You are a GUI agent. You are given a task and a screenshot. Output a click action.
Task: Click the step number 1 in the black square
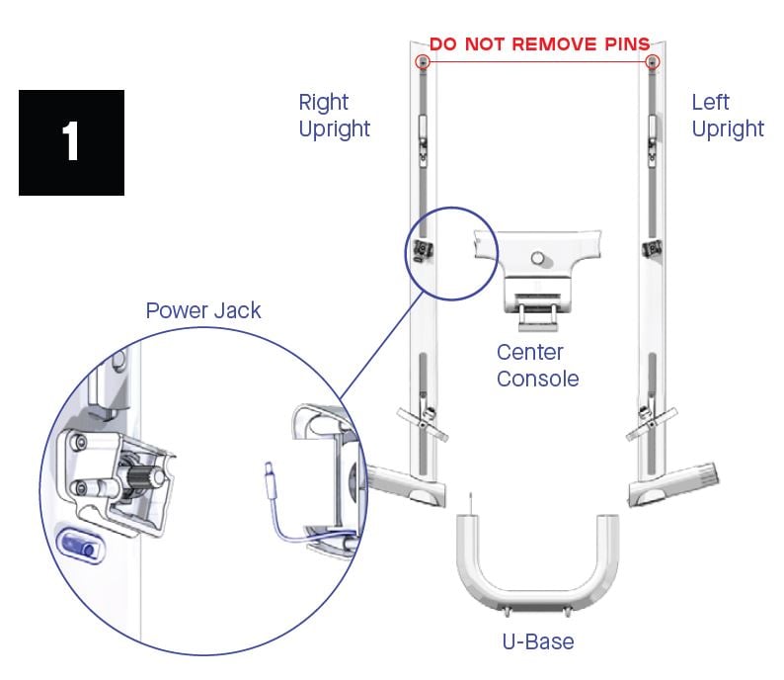click(x=71, y=141)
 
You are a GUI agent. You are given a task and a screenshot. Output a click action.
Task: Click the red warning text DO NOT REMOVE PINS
click(x=538, y=43)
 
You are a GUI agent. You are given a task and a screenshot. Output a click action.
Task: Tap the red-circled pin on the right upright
click(x=424, y=62)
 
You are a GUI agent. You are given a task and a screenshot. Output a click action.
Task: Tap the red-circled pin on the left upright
click(x=652, y=62)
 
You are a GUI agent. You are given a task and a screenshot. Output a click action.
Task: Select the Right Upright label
click(x=335, y=115)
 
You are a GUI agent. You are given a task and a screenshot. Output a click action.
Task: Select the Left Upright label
click(x=727, y=115)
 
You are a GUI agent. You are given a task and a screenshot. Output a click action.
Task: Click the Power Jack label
click(x=203, y=310)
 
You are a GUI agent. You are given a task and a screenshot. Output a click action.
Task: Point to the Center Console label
click(x=537, y=365)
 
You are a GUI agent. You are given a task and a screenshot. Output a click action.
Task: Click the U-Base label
click(x=538, y=641)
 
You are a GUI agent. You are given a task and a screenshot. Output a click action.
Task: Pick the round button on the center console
click(x=537, y=259)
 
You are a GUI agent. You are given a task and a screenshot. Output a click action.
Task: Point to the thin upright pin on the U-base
click(x=473, y=503)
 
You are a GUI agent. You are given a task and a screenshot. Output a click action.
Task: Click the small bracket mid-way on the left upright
click(x=651, y=247)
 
